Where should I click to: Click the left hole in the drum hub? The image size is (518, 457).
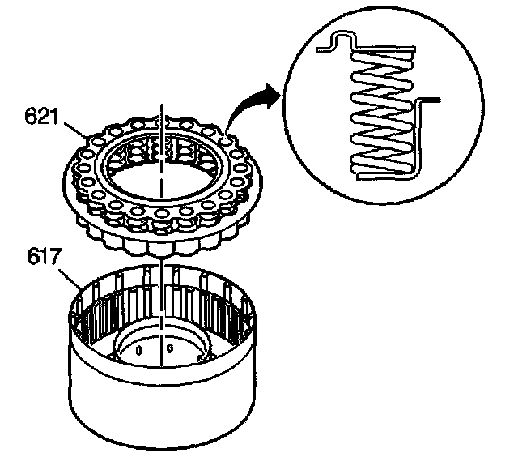tap(138, 351)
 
